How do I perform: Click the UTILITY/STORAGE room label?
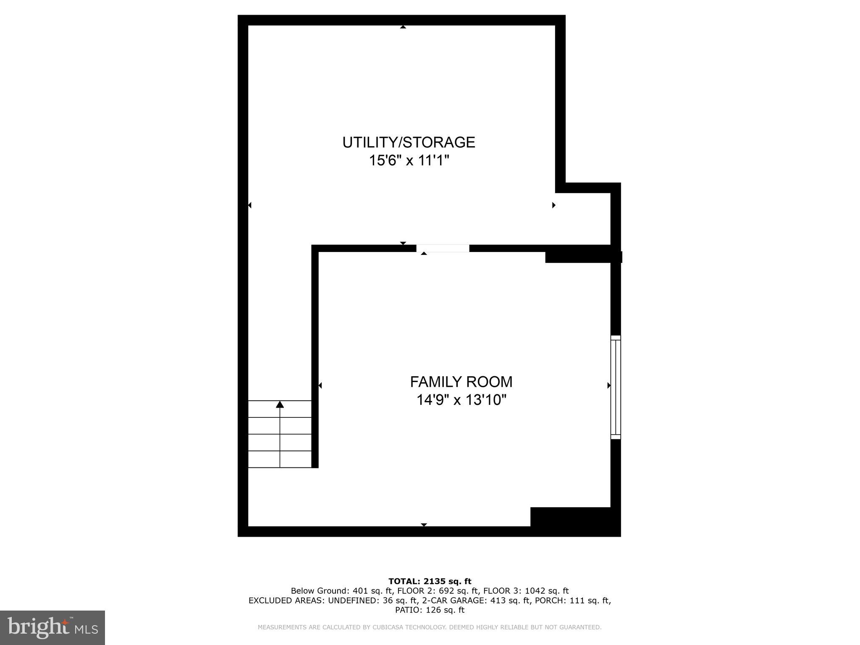click(x=409, y=142)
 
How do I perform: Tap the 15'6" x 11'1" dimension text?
click(x=409, y=160)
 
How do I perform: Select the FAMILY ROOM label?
click(x=461, y=382)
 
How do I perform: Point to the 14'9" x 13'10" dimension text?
click(x=461, y=400)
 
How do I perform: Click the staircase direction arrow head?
click(x=280, y=404)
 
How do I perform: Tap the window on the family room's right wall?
click(x=615, y=387)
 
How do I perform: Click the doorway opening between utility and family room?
click(x=443, y=248)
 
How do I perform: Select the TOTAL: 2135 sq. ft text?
click(x=430, y=581)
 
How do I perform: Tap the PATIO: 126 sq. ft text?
click(x=430, y=610)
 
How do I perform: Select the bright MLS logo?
click(x=52, y=627)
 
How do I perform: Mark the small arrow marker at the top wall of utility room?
click(x=403, y=27)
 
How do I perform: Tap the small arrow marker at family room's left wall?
click(x=320, y=385)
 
